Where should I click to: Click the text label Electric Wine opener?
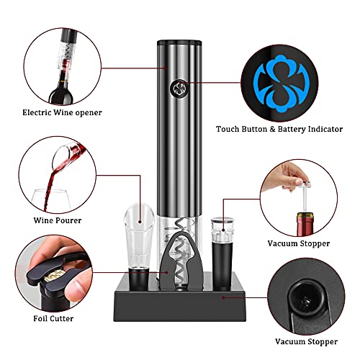point(61,112)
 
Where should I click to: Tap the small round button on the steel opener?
point(176,89)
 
